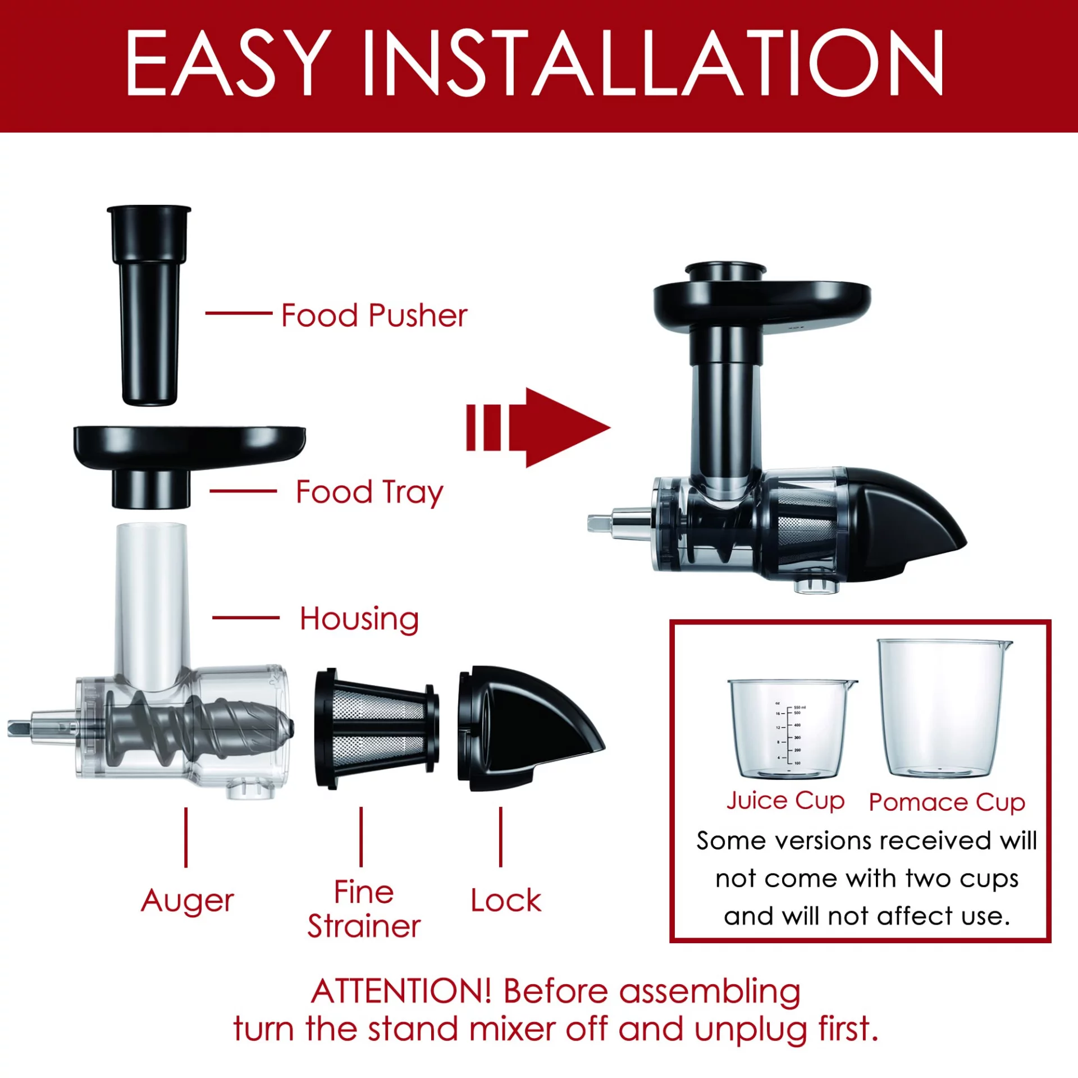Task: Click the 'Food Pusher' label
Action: (374, 315)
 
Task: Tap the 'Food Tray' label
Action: (369, 492)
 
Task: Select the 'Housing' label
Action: (359, 619)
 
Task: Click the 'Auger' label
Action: (187, 902)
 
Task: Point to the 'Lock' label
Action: (506, 901)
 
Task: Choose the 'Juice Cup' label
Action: (785, 801)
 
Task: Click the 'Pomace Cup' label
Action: (947, 802)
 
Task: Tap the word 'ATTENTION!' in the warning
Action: (401, 991)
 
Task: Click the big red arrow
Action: (538, 428)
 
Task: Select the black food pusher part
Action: (149, 304)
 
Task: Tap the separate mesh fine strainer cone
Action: (377, 728)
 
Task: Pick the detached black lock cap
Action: (528, 729)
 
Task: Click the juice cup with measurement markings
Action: (792, 729)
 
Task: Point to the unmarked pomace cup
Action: (945, 709)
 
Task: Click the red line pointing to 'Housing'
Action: (246, 618)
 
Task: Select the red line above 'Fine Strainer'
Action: (361, 837)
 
